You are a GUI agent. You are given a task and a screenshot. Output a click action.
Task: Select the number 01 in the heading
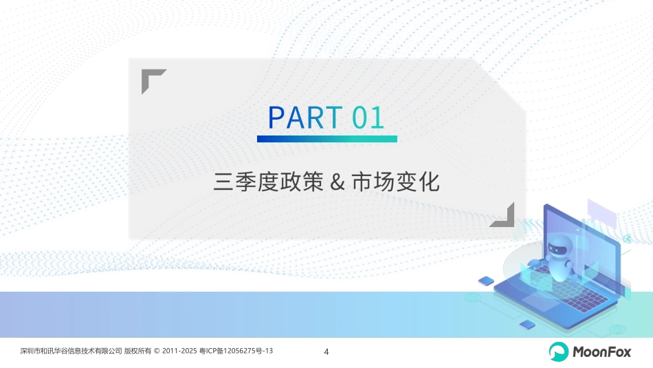point(368,118)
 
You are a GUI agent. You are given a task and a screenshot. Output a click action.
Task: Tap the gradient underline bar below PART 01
point(327,138)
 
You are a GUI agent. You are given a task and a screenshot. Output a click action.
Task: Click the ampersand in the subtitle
point(337,182)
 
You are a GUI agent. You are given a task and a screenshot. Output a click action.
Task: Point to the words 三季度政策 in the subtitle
point(268,182)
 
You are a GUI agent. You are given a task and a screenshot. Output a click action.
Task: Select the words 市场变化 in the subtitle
point(395,182)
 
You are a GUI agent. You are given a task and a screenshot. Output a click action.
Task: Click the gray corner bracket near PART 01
point(153,80)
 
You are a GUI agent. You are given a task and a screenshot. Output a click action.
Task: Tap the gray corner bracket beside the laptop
point(502,215)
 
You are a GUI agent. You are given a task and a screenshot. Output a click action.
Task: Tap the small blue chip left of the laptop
point(486,280)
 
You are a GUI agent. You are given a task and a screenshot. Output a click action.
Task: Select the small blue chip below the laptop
point(527,323)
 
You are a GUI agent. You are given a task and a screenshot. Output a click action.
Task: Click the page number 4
point(326,352)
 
